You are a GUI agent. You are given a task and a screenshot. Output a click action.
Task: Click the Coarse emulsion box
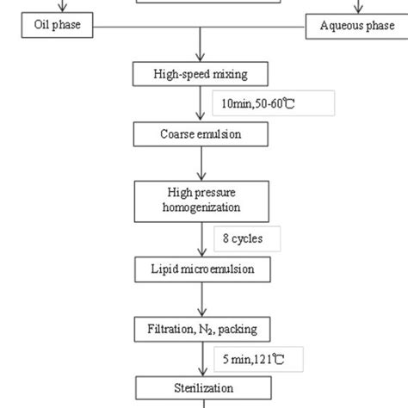200,134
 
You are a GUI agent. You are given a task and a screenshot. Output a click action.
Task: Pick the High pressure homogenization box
200,200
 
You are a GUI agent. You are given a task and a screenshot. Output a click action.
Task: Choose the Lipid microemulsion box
200,269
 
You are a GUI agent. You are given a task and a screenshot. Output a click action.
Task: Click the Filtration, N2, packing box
200,328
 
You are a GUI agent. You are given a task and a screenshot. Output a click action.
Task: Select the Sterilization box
200,387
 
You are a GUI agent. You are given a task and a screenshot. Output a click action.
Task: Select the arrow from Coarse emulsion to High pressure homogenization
201,163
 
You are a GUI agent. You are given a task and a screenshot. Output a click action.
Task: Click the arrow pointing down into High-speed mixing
201,45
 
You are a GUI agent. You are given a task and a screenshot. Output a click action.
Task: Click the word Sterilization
200,388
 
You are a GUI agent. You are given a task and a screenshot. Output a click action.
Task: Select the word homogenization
200,207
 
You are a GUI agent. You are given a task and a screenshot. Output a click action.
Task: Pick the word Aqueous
337,26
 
